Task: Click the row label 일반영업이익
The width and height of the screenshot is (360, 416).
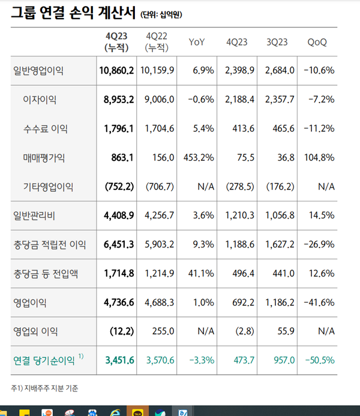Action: (x=38, y=71)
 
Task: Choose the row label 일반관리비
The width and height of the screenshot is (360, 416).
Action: (x=34, y=215)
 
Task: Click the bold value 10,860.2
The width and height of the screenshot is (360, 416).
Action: (x=116, y=71)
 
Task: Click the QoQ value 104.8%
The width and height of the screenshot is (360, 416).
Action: (x=319, y=158)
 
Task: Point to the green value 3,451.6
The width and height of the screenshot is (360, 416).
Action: (x=119, y=360)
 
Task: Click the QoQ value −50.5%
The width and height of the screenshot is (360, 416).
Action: (x=319, y=360)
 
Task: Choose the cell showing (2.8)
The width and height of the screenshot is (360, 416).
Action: (x=239, y=331)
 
